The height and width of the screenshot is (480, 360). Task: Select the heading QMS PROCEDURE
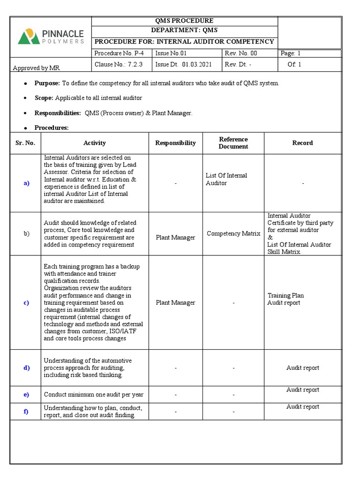click(x=184, y=21)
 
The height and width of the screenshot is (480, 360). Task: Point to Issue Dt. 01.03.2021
click(x=184, y=65)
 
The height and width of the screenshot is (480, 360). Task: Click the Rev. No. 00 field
click(x=241, y=53)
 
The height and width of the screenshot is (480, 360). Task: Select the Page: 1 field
click(x=291, y=53)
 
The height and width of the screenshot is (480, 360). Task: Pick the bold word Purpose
click(x=47, y=83)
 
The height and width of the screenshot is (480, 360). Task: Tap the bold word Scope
click(x=44, y=98)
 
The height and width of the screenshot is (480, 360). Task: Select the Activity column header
click(x=95, y=143)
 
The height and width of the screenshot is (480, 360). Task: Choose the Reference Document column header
click(x=233, y=143)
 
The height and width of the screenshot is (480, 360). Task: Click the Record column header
click(x=302, y=143)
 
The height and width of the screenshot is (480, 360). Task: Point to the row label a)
click(x=26, y=183)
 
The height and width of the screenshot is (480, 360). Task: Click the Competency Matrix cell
click(x=233, y=233)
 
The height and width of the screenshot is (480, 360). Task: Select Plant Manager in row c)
click(x=175, y=303)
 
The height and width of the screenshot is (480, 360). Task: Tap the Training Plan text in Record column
click(x=285, y=295)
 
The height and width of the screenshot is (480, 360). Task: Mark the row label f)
click(x=26, y=412)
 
